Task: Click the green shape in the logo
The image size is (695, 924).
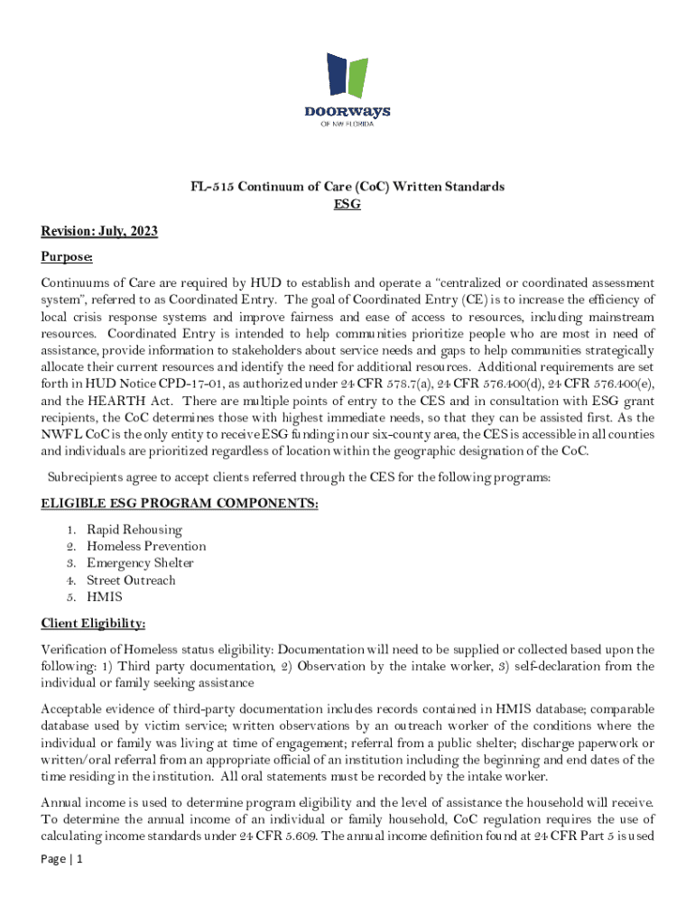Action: click(x=359, y=77)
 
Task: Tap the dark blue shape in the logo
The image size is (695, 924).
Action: click(x=337, y=74)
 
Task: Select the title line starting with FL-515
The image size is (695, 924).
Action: click(x=347, y=187)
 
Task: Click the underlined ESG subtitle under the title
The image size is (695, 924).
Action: click(x=347, y=205)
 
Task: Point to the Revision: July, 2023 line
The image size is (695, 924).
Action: click(x=99, y=232)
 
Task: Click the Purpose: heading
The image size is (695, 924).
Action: click(x=67, y=257)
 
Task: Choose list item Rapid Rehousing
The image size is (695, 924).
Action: click(x=134, y=530)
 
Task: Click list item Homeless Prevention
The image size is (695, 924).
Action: click(x=146, y=546)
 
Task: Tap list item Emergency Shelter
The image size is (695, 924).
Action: click(x=140, y=563)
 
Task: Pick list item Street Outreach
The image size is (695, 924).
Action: click(x=131, y=580)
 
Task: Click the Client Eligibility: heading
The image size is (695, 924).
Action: click(x=94, y=624)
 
